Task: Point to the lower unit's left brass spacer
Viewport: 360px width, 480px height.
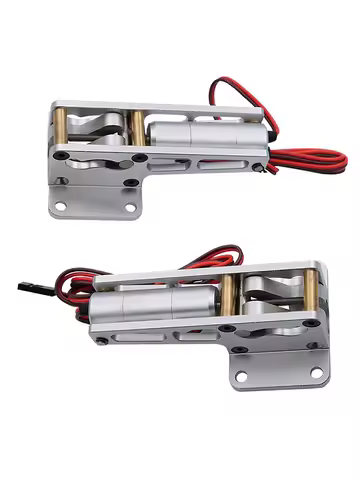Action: pos(229,297)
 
